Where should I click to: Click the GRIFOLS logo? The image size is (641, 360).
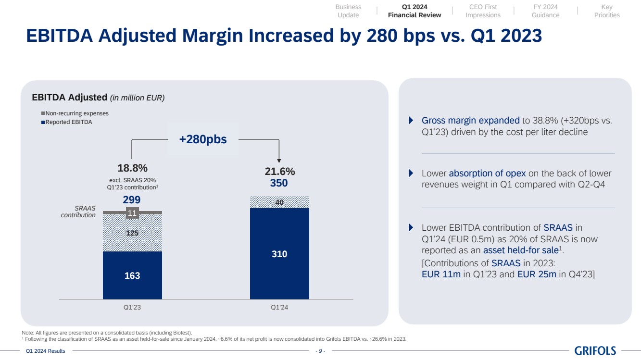point(595,351)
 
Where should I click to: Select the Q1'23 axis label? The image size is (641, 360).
point(132,308)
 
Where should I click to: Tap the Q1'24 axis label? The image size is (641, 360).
point(279,308)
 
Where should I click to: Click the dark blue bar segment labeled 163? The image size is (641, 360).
point(132,275)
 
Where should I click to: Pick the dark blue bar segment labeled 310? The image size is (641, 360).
point(279,254)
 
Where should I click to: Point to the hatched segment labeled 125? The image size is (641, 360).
point(132,233)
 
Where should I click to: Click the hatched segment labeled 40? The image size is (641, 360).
point(279,202)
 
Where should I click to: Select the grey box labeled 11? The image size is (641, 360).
point(132,212)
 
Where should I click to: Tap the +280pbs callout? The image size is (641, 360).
point(203,139)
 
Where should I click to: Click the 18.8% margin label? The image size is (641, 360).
point(132,168)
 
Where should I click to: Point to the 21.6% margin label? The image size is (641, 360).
point(279,172)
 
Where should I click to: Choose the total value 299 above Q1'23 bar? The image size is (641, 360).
point(132,199)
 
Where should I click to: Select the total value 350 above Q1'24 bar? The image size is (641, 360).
point(279,183)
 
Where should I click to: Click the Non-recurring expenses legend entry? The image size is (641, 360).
point(76,113)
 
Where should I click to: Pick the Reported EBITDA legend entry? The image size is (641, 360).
point(68,122)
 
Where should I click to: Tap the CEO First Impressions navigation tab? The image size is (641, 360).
point(483,11)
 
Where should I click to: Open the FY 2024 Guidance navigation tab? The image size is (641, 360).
point(545,11)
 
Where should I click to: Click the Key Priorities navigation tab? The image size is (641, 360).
point(607,11)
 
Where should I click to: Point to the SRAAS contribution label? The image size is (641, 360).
point(78,211)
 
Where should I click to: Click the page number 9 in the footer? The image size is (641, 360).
point(320,351)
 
